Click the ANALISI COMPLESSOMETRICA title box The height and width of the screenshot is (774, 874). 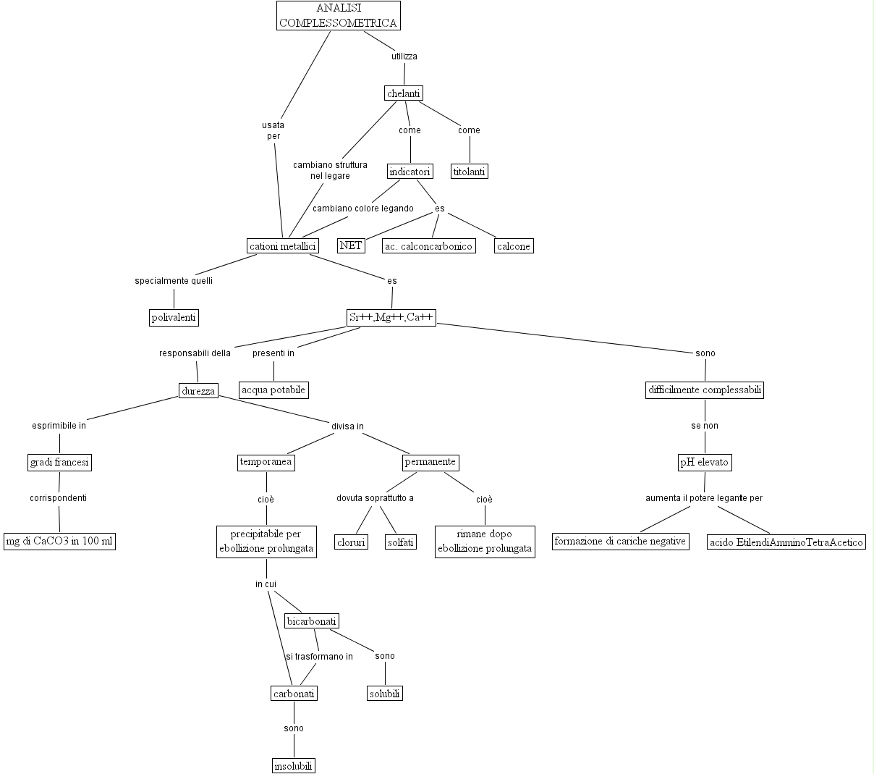[338, 15]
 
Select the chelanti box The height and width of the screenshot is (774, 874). [404, 93]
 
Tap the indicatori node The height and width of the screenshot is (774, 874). [410, 172]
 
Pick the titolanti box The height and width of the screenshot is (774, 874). [470, 172]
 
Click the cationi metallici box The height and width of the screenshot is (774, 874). [283, 246]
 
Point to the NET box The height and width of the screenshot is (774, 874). [351, 246]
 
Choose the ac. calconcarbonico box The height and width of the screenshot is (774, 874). [428, 246]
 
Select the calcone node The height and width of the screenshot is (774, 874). [514, 246]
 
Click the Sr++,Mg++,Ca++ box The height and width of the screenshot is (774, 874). [391, 317]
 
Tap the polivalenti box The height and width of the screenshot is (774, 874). [174, 317]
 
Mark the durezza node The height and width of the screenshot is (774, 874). [198, 391]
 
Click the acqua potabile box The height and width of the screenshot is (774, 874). [273, 390]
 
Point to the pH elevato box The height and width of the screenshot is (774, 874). [705, 462]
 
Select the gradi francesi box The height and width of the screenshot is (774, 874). [60, 462]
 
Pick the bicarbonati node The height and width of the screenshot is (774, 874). [312, 621]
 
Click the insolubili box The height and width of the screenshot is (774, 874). [294, 766]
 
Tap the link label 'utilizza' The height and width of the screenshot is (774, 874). [404, 56]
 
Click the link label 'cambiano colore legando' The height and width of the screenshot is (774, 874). [363, 209]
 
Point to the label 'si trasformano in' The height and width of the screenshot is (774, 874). [319, 657]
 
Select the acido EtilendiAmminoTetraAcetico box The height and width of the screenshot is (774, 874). [786, 542]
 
